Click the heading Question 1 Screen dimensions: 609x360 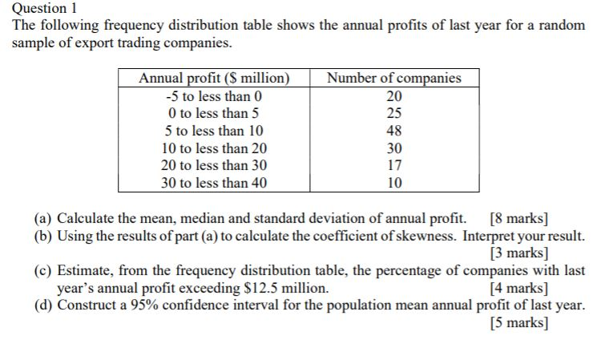point(44,8)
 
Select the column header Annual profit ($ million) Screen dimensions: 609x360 point(214,78)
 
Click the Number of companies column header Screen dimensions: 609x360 point(394,78)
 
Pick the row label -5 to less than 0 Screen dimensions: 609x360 point(214,95)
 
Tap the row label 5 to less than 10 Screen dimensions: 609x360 point(214,131)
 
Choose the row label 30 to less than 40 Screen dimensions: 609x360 point(214,183)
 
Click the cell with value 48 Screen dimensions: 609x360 point(394,131)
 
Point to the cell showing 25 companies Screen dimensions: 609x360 point(394,113)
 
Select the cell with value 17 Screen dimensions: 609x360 point(394,165)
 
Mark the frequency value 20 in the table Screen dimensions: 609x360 point(394,95)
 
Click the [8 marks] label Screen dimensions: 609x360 point(519,219)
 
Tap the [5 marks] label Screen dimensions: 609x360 point(519,322)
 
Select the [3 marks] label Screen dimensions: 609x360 point(519,253)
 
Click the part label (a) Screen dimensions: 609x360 point(42,219)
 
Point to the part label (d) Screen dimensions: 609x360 point(42,305)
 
